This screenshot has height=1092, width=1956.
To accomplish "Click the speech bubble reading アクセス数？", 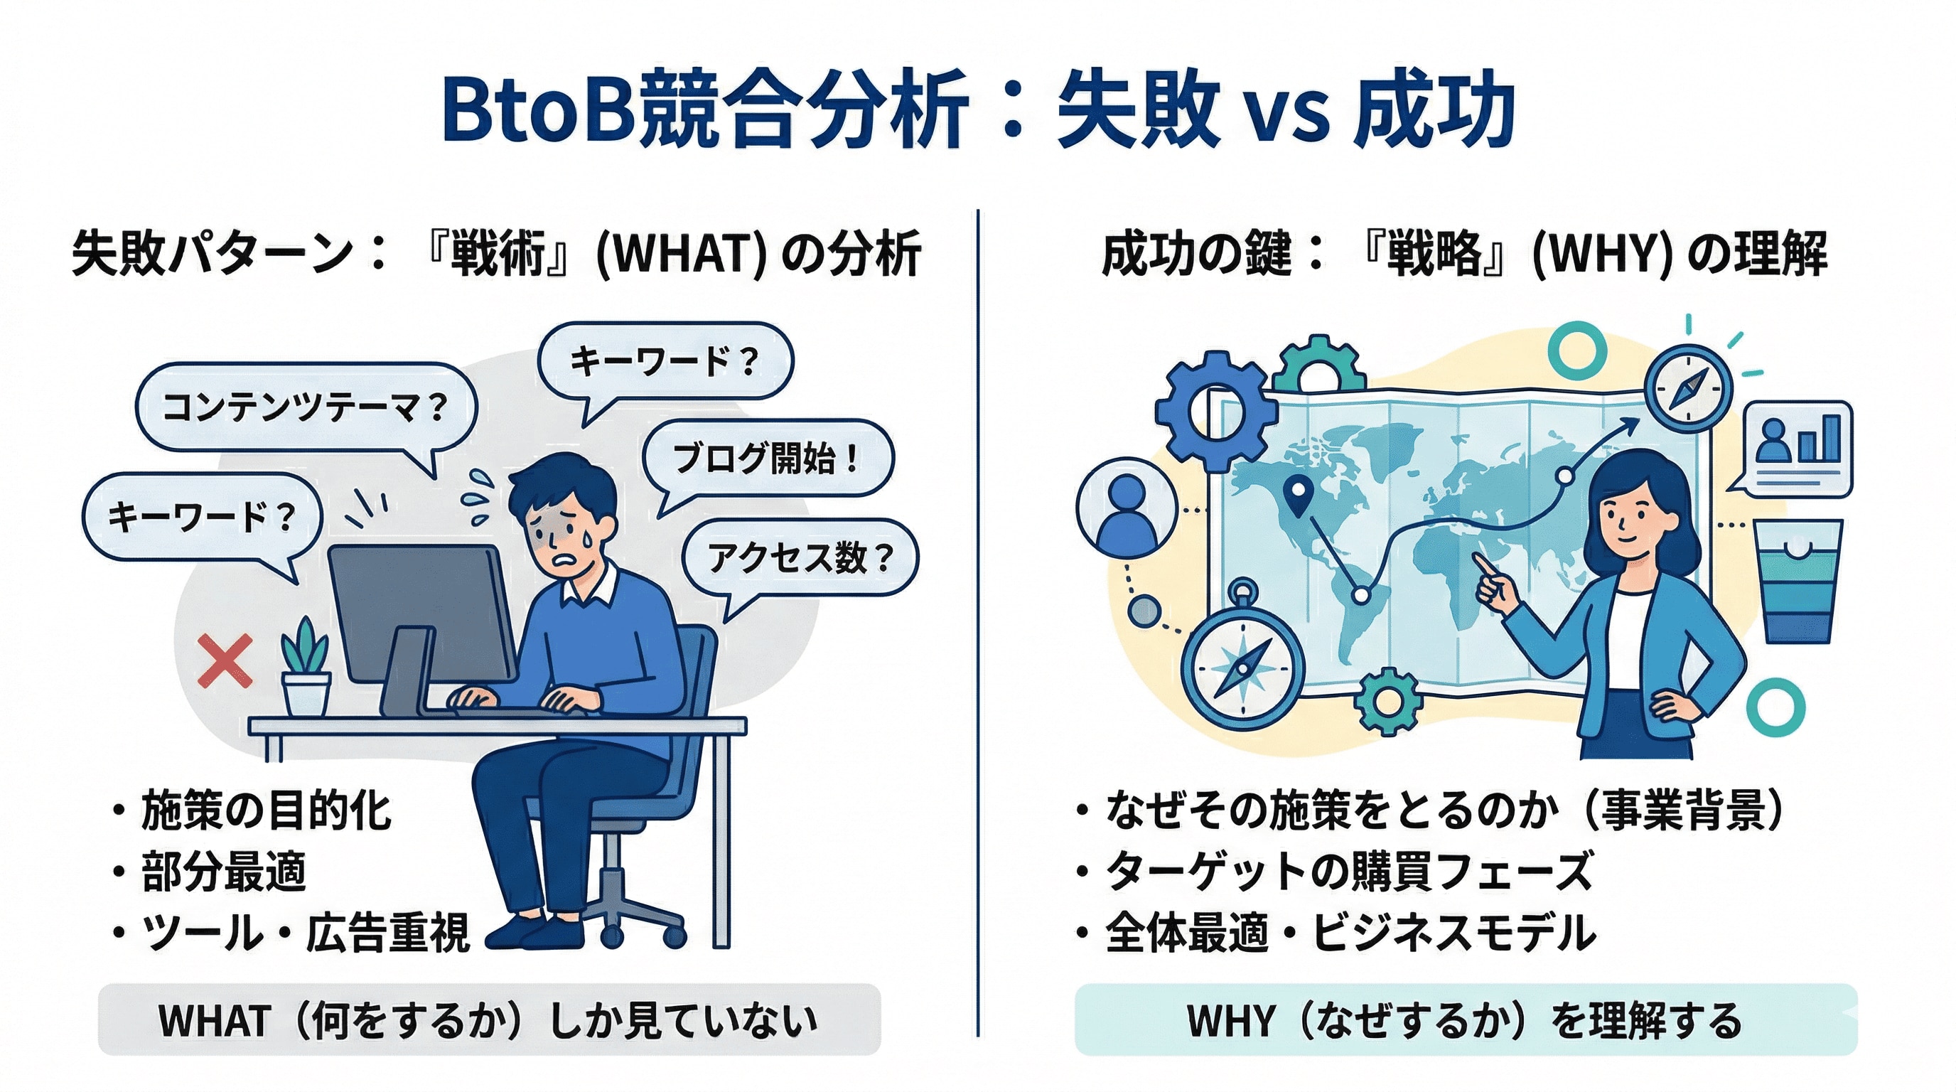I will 800,558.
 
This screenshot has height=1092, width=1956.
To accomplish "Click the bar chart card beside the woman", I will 1798,448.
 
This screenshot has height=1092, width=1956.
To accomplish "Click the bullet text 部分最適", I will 223,872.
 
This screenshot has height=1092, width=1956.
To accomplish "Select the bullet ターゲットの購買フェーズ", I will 1348,872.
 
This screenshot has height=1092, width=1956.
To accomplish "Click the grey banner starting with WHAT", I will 489,1020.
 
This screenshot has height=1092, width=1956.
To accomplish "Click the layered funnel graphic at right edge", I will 1797,581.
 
